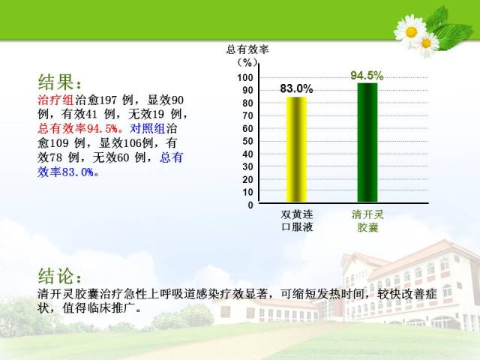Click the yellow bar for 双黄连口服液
(296, 149)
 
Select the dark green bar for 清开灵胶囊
(367, 142)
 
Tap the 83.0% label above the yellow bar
(296, 88)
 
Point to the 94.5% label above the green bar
(367, 76)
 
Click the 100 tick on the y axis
(245, 77)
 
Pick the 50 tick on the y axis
(247, 141)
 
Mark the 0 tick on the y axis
(250, 205)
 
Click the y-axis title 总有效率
(247, 49)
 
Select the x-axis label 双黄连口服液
(297, 220)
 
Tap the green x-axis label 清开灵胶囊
(367, 220)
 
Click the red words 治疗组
(56, 100)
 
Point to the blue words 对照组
(148, 128)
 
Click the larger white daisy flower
(410, 31)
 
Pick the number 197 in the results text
(108, 100)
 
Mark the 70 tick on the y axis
(247, 115)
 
